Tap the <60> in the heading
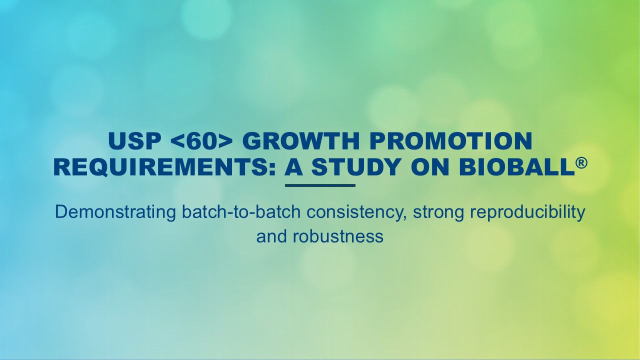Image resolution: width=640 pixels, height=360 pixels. [x=202, y=142]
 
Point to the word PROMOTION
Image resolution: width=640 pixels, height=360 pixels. [x=439, y=142]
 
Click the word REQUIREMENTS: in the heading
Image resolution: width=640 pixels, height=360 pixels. [x=165, y=167]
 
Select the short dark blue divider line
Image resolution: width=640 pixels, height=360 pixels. [x=320, y=185]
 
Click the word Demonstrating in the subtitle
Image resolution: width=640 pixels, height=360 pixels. [x=115, y=212]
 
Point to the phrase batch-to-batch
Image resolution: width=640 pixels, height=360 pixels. [x=242, y=212]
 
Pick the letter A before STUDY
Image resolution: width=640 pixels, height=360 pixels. [x=294, y=167]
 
